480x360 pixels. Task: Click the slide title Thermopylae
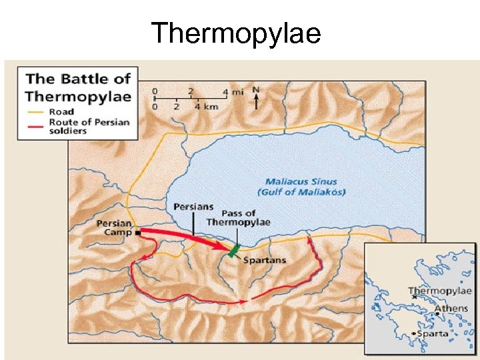tap(236, 33)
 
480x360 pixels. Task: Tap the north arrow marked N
tap(257, 98)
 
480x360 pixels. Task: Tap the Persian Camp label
tap(114, 228)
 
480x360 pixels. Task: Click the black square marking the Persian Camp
tap(137, 233)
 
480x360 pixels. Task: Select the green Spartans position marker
tap(233, 251)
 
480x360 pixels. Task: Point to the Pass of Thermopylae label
tap(238, 217)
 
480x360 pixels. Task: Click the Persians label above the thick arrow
tap(193, 207)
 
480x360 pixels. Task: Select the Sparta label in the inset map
tap(433, 333)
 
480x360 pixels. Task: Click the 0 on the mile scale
tap(155, 91)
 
